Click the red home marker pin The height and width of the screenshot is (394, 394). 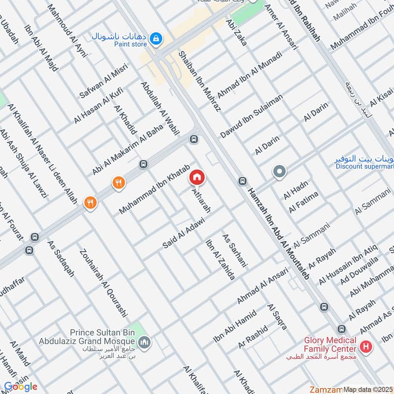coord(197,177)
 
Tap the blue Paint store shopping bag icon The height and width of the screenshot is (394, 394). coord(156,38)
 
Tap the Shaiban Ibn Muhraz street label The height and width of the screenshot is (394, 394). coord(199,80)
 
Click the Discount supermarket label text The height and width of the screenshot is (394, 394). coord(365,166)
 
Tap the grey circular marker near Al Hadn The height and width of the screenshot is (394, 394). coord(279,172)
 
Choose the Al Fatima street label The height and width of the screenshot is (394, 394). coord(303,202)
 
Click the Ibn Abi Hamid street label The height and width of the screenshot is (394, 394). coord(235,327)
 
